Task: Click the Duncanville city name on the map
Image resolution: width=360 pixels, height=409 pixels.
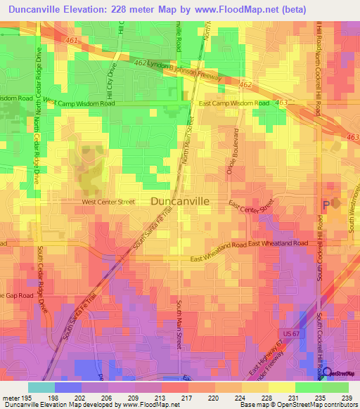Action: [x=180, y=201]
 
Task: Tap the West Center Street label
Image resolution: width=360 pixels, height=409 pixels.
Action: [x=108, y=202]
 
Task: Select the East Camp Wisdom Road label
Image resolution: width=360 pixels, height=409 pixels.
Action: [x=234, y=103]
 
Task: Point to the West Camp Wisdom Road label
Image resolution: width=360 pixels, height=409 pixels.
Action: [x=79, y=103]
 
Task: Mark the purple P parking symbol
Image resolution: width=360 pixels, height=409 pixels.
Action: [x=324, y=205]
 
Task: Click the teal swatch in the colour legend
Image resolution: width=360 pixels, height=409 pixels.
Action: [x=41, y=387]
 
